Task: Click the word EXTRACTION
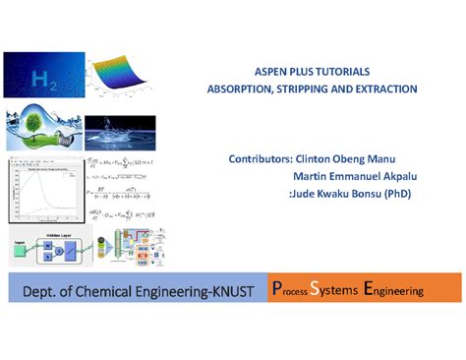point(386,89)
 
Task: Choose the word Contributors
point(260,158)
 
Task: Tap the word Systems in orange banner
point(331,290)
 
